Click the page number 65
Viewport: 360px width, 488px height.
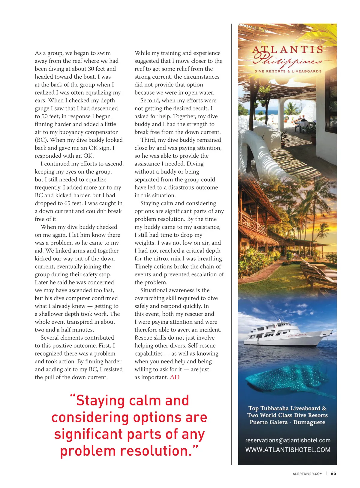point(333,473)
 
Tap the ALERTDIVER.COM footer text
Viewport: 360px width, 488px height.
point(307,474)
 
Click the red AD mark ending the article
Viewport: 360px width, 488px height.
point(175,377)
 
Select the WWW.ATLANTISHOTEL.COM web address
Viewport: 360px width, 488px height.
point(288,450)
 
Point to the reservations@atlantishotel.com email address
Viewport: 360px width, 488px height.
point(288,440)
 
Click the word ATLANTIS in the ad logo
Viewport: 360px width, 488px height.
point(288,50)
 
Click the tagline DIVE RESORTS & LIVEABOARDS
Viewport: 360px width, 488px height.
point(288,71)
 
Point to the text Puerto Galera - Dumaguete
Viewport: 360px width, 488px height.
point(287,422)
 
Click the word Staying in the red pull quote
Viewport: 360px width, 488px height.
point(102,401)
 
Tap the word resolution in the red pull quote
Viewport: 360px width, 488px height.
point(156,451)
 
